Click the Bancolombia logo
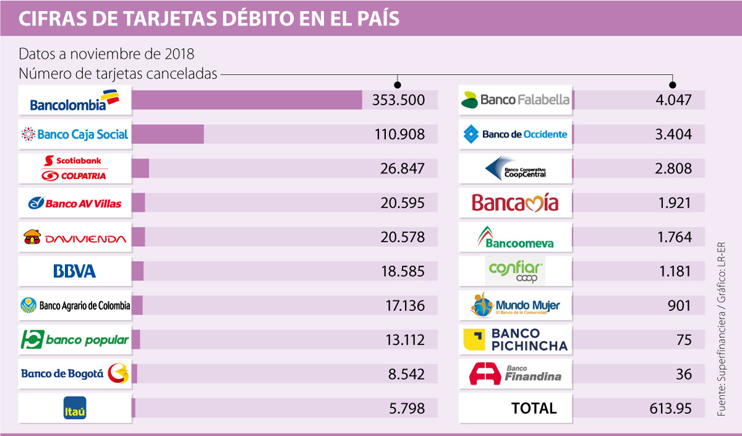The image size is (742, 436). tap(75, 100)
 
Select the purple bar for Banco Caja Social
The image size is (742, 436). tap(168, 134)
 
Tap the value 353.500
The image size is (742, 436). tap(398, 100)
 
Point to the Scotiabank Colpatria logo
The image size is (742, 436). tap(75, 168)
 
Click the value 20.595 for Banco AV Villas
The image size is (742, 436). tap(402, 203)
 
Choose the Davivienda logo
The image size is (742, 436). tap(75, 237)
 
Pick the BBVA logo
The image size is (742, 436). tap(74, 271)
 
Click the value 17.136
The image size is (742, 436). tap(402, 306)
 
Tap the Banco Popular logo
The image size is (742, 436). tap(75, 340)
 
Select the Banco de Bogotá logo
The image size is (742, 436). tap(75, 374)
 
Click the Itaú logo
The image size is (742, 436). tap(75, 408)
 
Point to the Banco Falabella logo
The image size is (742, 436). tap(516, 100)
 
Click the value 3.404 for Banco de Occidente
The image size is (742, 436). tap(674, 134)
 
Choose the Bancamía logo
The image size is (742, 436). tap(515, 203)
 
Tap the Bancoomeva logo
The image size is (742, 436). tap(515, 237)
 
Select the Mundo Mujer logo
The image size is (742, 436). tap(515, 306)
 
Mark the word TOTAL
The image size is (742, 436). tap(534, 408)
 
